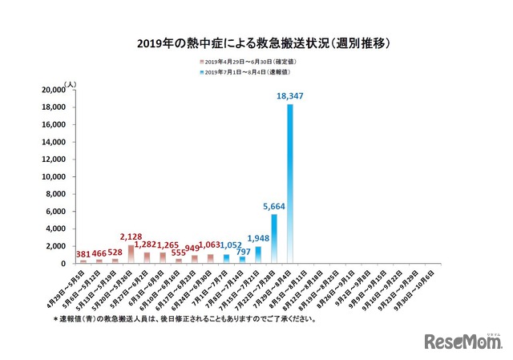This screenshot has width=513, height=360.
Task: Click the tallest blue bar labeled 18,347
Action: click(x=289, y=184)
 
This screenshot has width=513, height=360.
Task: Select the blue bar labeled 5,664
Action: click(x=273, y=239)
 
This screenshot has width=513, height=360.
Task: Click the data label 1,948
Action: click(x=257, y=238)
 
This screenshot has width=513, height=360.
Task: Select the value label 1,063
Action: click(x=210, y=245)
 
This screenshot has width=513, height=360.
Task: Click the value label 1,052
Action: click(x=227, y=245)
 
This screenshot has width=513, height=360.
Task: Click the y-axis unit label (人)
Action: click(x=71, y=83)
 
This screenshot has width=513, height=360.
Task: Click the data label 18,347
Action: click(x=291, y=96)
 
